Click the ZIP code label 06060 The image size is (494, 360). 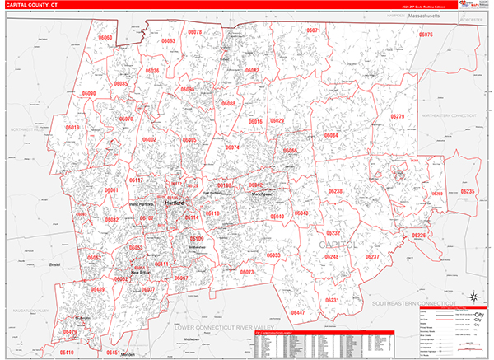pyautogui.click(x=105, y=38)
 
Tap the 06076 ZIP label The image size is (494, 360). pyautogui.click(x=424, y=35)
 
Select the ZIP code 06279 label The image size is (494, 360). pyautogui.click(x=398, y=118)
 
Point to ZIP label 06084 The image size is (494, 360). pyautogui.click(x=330, y=135)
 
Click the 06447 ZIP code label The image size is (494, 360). pyautogui.click(x=298, y=313)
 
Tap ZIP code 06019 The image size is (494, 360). pyautogui.click(x=72, y=128)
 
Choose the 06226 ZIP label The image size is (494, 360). pyautogui.click(x=419, y=236)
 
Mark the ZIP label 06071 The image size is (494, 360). pyautogui.click(x=313, y=30)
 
